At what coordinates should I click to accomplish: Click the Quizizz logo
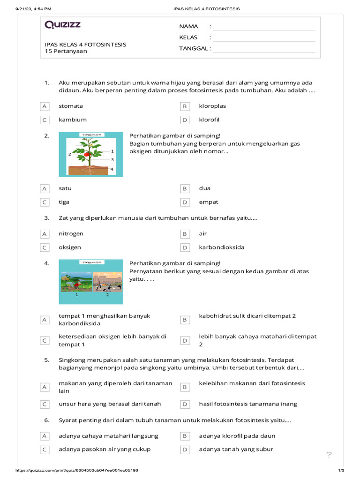coord(62,25)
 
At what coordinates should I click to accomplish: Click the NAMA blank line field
coord(264,27)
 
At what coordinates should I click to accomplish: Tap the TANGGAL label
coord(195,48)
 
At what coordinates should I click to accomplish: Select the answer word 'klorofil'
coord(209,120)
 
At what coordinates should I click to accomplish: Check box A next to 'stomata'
coord(45,106)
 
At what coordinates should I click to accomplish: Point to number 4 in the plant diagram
coord(112,169)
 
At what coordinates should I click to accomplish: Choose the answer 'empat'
coord(209,202)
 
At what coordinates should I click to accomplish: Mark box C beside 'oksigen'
coord(45,247)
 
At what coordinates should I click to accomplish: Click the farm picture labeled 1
coord(76,282)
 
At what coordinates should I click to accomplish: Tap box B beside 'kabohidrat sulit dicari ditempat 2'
coord(185,320)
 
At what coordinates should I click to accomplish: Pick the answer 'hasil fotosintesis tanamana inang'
coord(248,404)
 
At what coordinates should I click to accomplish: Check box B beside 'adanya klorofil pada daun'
coord(185,436)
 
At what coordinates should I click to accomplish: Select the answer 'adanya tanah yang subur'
coord(236,450)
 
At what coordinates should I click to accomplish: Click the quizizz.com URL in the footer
coord(77,470)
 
